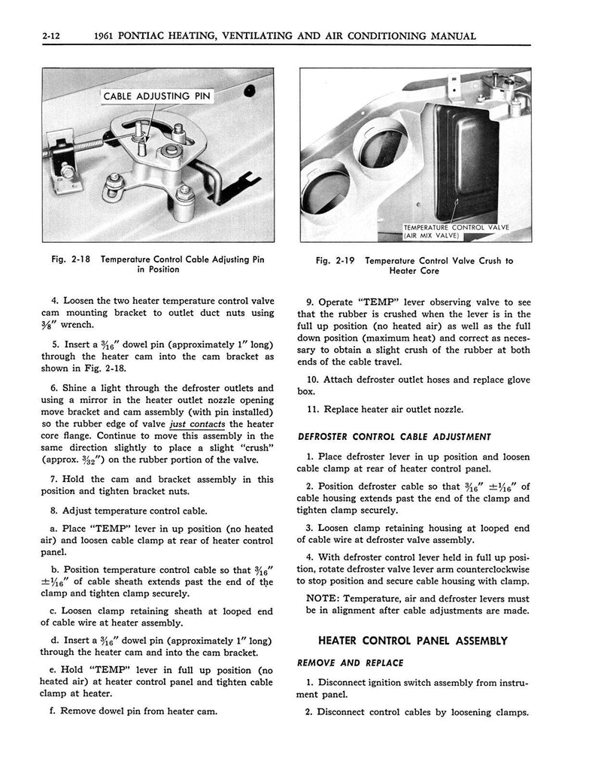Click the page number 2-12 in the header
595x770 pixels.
[55, 35]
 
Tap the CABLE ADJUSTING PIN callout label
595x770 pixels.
[157, 96]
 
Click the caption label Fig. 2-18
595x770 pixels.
[71, 260]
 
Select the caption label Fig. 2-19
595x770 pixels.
[335, 261]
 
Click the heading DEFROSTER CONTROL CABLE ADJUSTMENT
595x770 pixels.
[394, 436]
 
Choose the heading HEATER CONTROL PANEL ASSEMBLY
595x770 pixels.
[413, 641]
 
